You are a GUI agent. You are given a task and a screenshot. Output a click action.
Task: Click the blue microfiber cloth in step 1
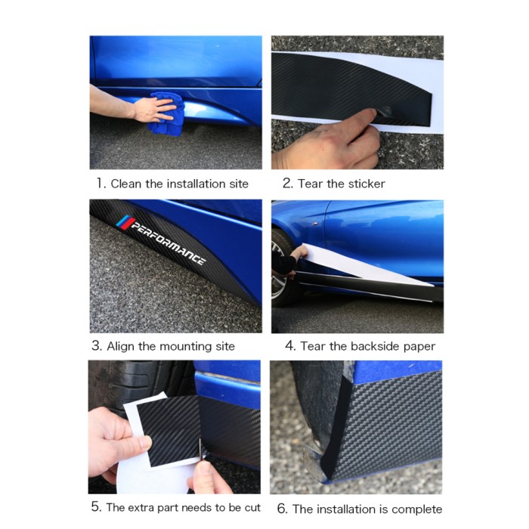point(167,115)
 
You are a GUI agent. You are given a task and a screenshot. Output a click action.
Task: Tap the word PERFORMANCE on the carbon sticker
point(168,243)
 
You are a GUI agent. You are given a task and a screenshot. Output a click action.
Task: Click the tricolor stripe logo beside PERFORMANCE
point(125,222)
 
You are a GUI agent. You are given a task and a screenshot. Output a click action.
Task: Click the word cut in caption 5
point(253,507)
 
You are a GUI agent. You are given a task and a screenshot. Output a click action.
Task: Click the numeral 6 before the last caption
point(281,509)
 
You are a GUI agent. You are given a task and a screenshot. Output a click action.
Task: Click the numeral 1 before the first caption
point(100,184)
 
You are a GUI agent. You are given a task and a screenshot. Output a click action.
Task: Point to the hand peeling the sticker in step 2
point(328,141)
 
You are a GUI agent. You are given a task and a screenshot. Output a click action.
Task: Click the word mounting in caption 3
point(185,347)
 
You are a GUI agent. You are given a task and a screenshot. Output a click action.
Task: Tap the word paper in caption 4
point(422,346)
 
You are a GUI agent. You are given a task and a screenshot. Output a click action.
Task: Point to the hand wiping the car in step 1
point(153,109)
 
